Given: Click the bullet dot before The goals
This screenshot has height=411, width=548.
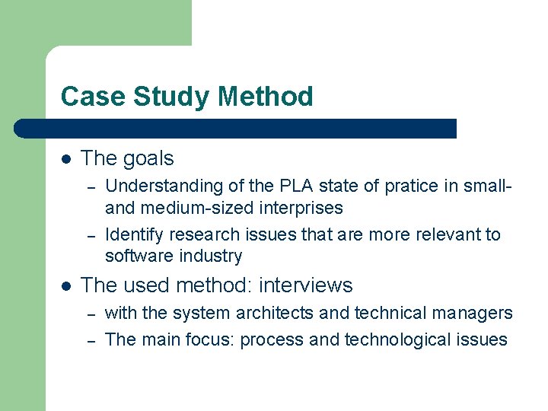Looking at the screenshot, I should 66,158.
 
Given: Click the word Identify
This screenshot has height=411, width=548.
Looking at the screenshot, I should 134,234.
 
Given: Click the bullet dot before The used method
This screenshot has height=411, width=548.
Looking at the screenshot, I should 66,285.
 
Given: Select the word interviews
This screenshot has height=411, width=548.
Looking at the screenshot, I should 306,285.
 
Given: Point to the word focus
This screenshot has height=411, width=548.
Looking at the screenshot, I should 211,339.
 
